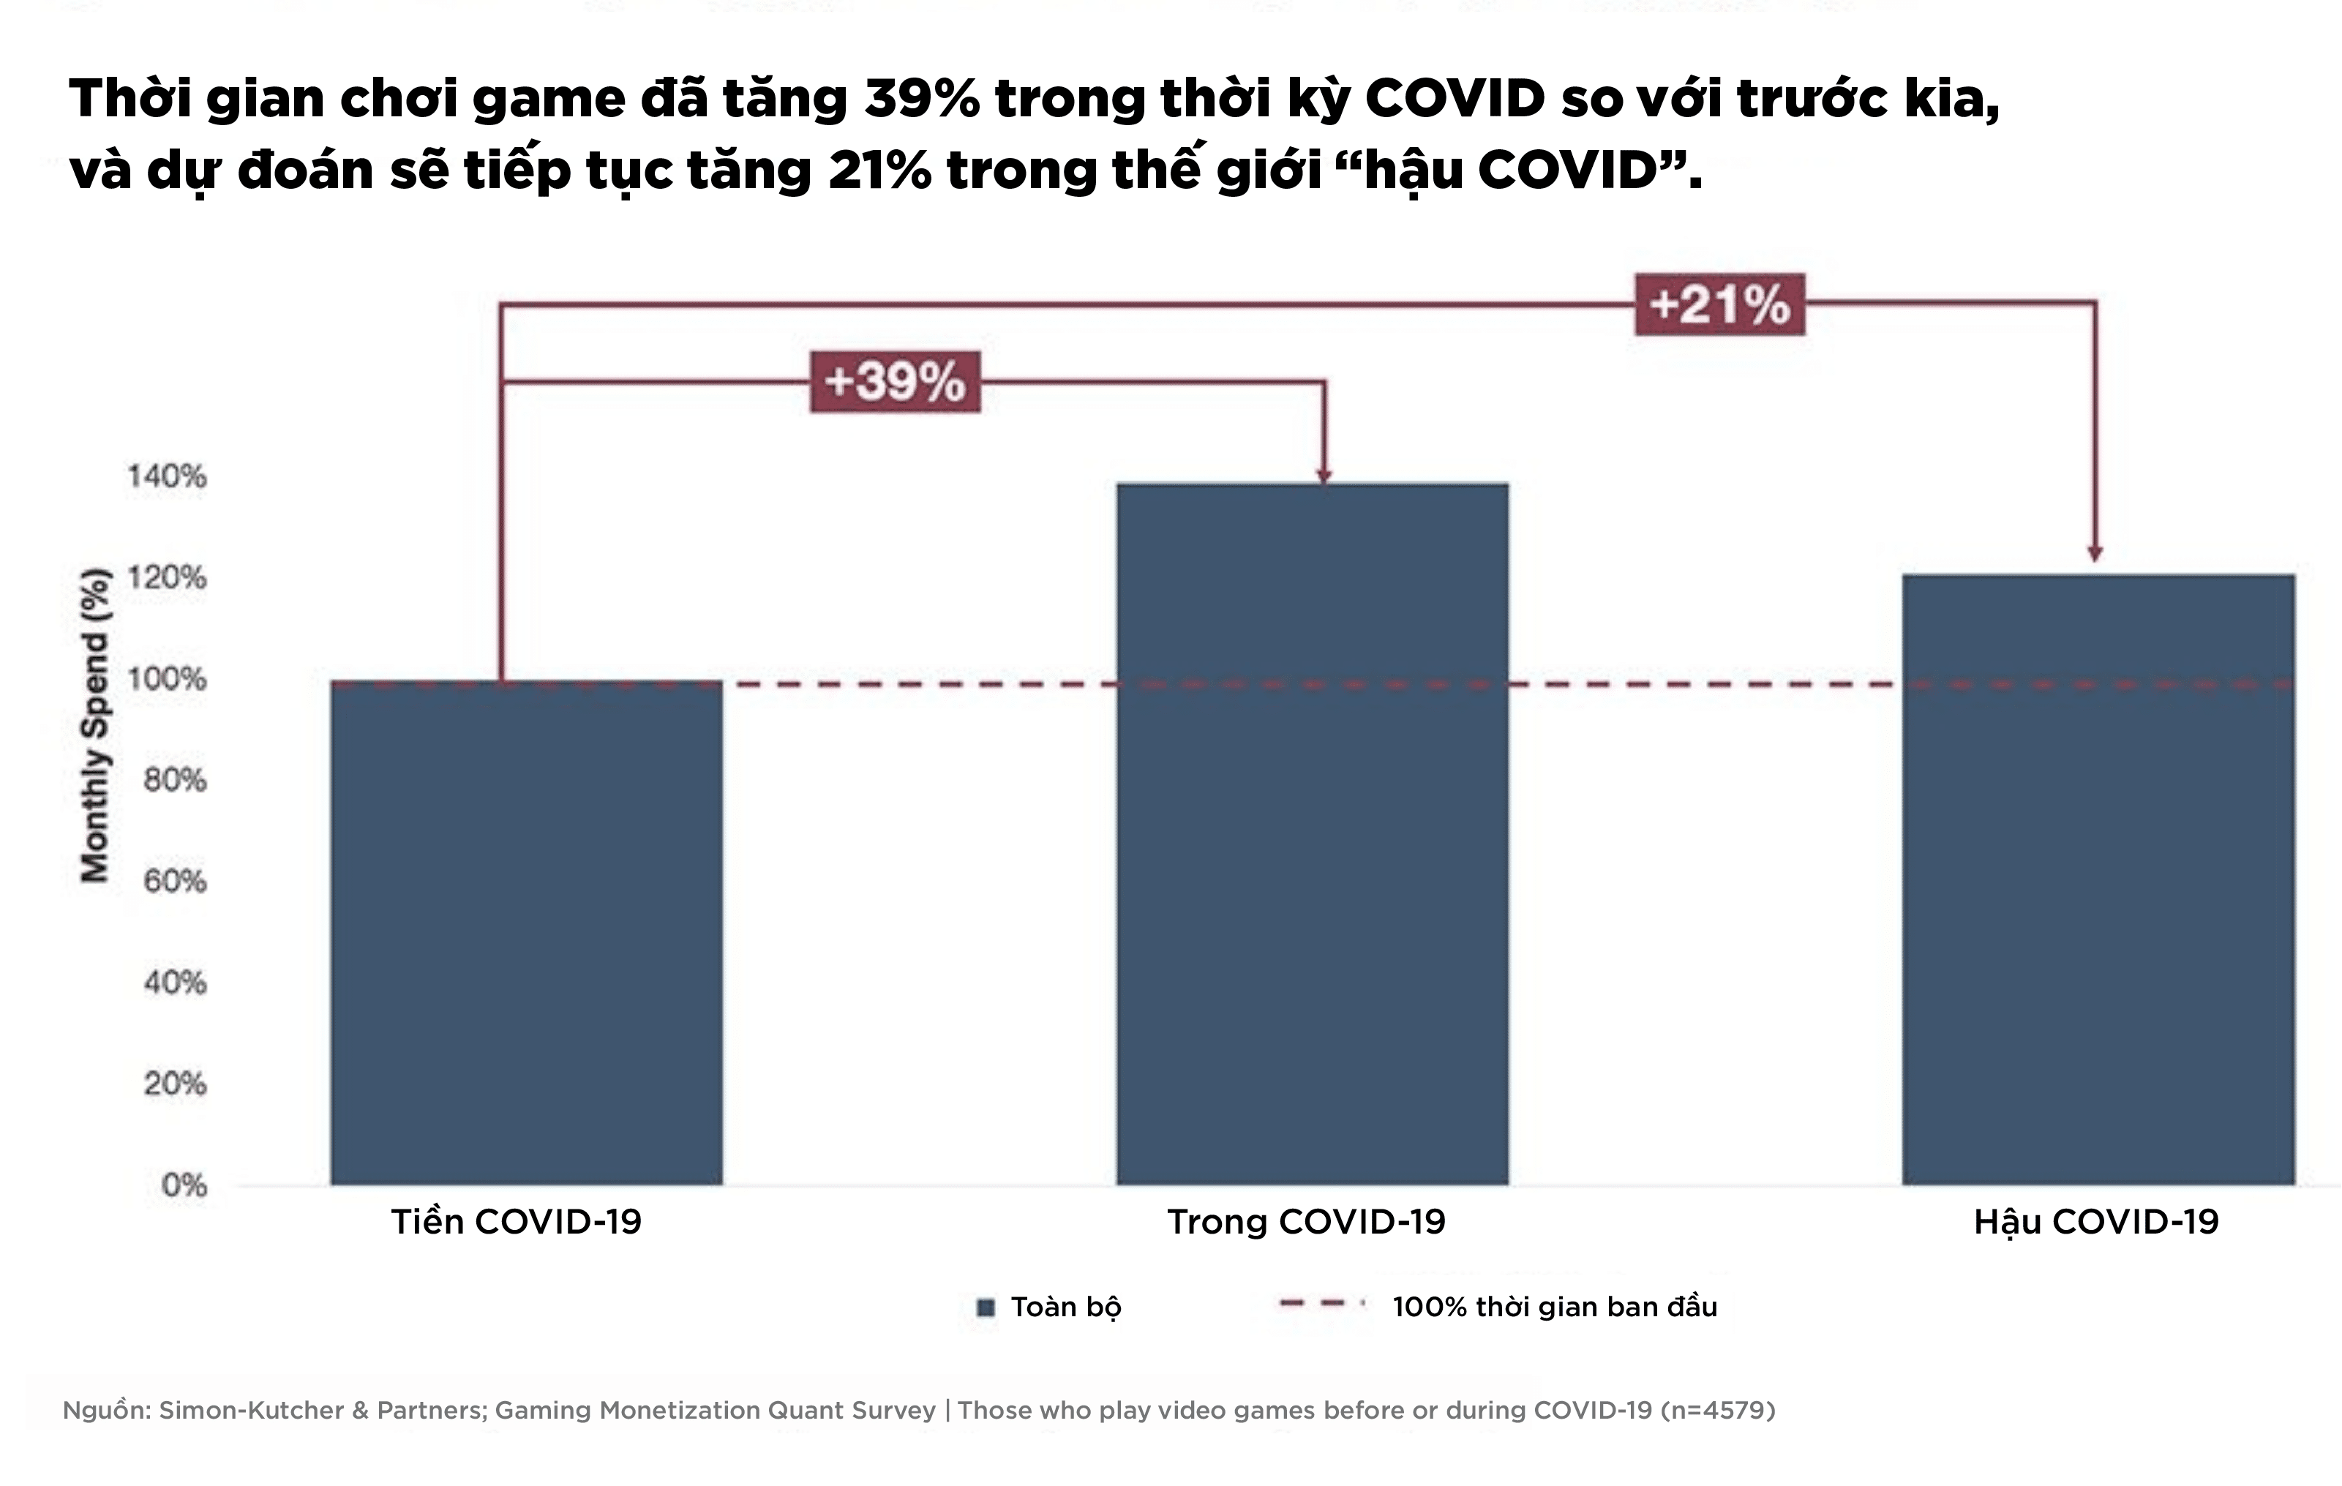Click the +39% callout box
(895, 381)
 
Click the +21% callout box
(1719, 304)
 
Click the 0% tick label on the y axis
(184, 1185)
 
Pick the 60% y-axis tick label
(175, 881)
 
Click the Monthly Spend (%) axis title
(94, 724)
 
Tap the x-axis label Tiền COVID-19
(517, 1221)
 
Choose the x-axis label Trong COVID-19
(1306, 1221)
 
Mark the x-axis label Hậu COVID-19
(2096, 1221)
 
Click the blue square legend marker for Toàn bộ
(986, 1307)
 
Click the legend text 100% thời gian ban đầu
(1554, 1307)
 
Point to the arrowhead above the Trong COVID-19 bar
(1324, 475)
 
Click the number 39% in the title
(921, 100)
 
